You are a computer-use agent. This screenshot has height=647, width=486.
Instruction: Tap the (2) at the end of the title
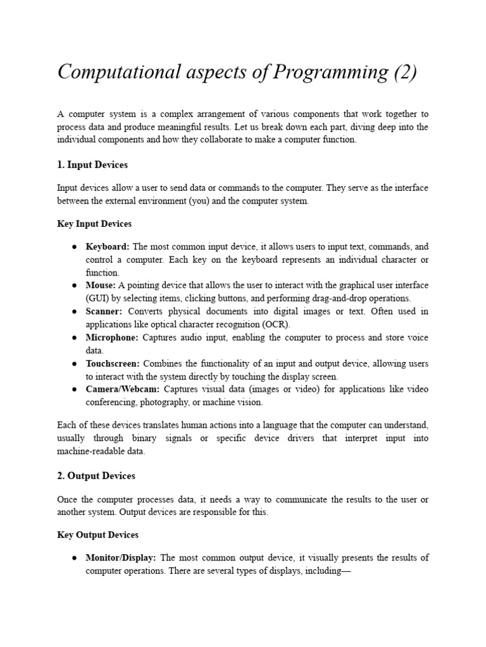coord(404,73)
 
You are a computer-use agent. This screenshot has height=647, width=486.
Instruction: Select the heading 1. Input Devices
coord(92,165)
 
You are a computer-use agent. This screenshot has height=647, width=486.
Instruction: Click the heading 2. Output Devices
coord(96,476)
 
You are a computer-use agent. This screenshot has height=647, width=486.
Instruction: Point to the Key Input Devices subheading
coord(94,224)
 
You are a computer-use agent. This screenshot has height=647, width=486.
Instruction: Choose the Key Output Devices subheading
coord(97,535)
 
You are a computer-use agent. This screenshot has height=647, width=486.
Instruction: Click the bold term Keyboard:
coord(108,246)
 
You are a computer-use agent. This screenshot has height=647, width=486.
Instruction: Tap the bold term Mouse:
coord(101,286)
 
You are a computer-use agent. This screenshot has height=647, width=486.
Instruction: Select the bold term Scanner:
coord(104,311)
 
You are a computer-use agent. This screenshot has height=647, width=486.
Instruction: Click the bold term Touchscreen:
coord(113,363)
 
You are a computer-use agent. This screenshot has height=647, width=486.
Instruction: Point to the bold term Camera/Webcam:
coord(123,389)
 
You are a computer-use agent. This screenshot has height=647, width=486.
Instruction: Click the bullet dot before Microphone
coord(75,338)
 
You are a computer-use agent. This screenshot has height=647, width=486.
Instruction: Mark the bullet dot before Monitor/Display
coord(75,559)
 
